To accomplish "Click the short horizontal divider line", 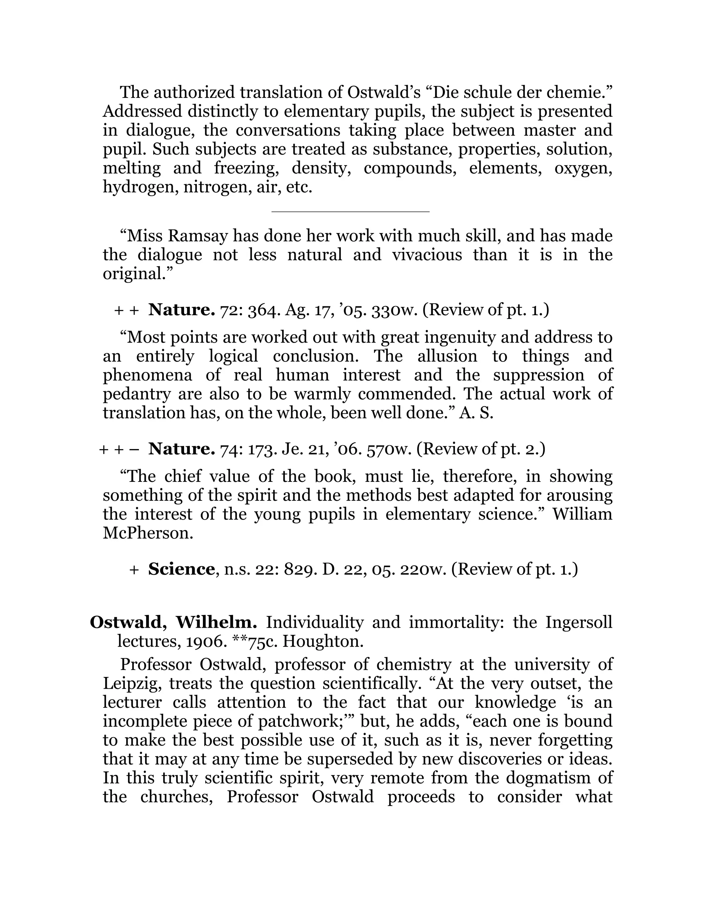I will [350, 212].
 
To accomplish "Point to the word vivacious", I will [426, 255].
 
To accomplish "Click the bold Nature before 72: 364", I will [181, 309].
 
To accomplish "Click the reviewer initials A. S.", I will [476, 413].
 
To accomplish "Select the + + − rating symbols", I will [119, 449].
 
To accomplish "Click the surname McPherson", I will [148, 533].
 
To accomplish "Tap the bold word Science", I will [181, 569].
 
